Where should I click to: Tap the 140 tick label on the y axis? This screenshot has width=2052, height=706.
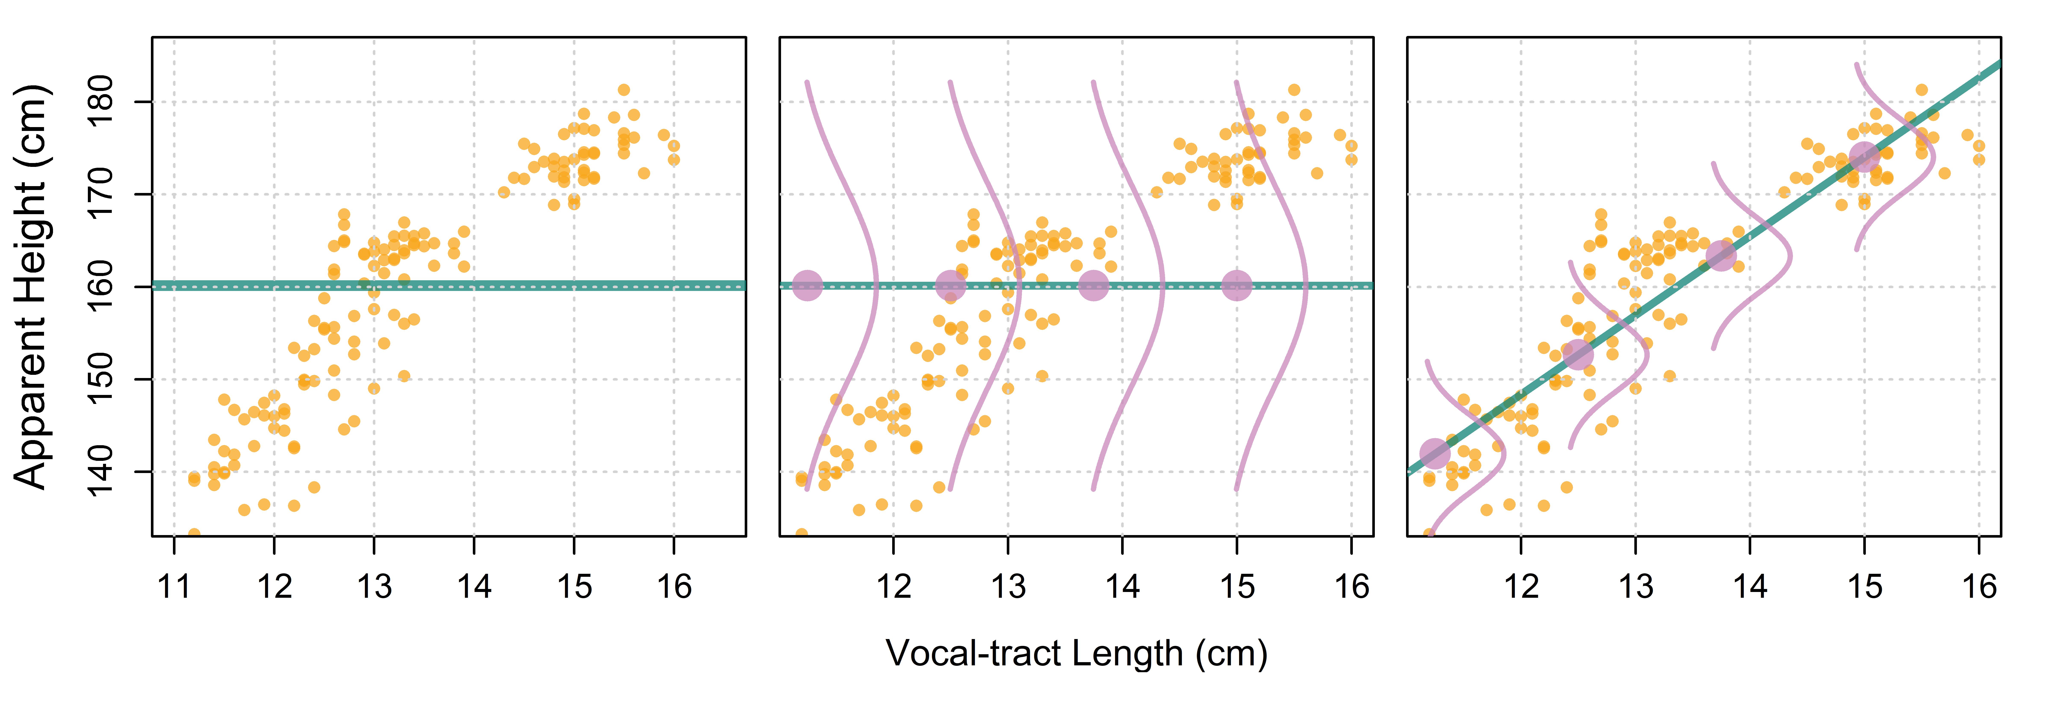pos(101,471)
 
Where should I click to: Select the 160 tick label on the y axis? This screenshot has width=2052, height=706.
pos(101,286)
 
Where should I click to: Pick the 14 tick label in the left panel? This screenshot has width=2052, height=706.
pos(474,587)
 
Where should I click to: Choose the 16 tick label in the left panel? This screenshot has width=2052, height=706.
pos(674,587)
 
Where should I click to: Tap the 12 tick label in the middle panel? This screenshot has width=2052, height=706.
pos(894,587)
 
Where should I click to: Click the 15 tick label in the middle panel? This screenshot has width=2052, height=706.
pos(1237,587)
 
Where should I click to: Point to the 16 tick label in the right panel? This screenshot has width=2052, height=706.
pos(1980,587)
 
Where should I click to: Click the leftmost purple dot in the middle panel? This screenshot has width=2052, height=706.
pos(808,285)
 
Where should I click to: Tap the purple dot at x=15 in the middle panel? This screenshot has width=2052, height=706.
pos(1236,285)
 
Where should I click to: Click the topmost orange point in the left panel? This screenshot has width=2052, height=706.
pos(624,90)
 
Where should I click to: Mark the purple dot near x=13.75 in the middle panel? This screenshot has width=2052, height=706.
pos(1094,285)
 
